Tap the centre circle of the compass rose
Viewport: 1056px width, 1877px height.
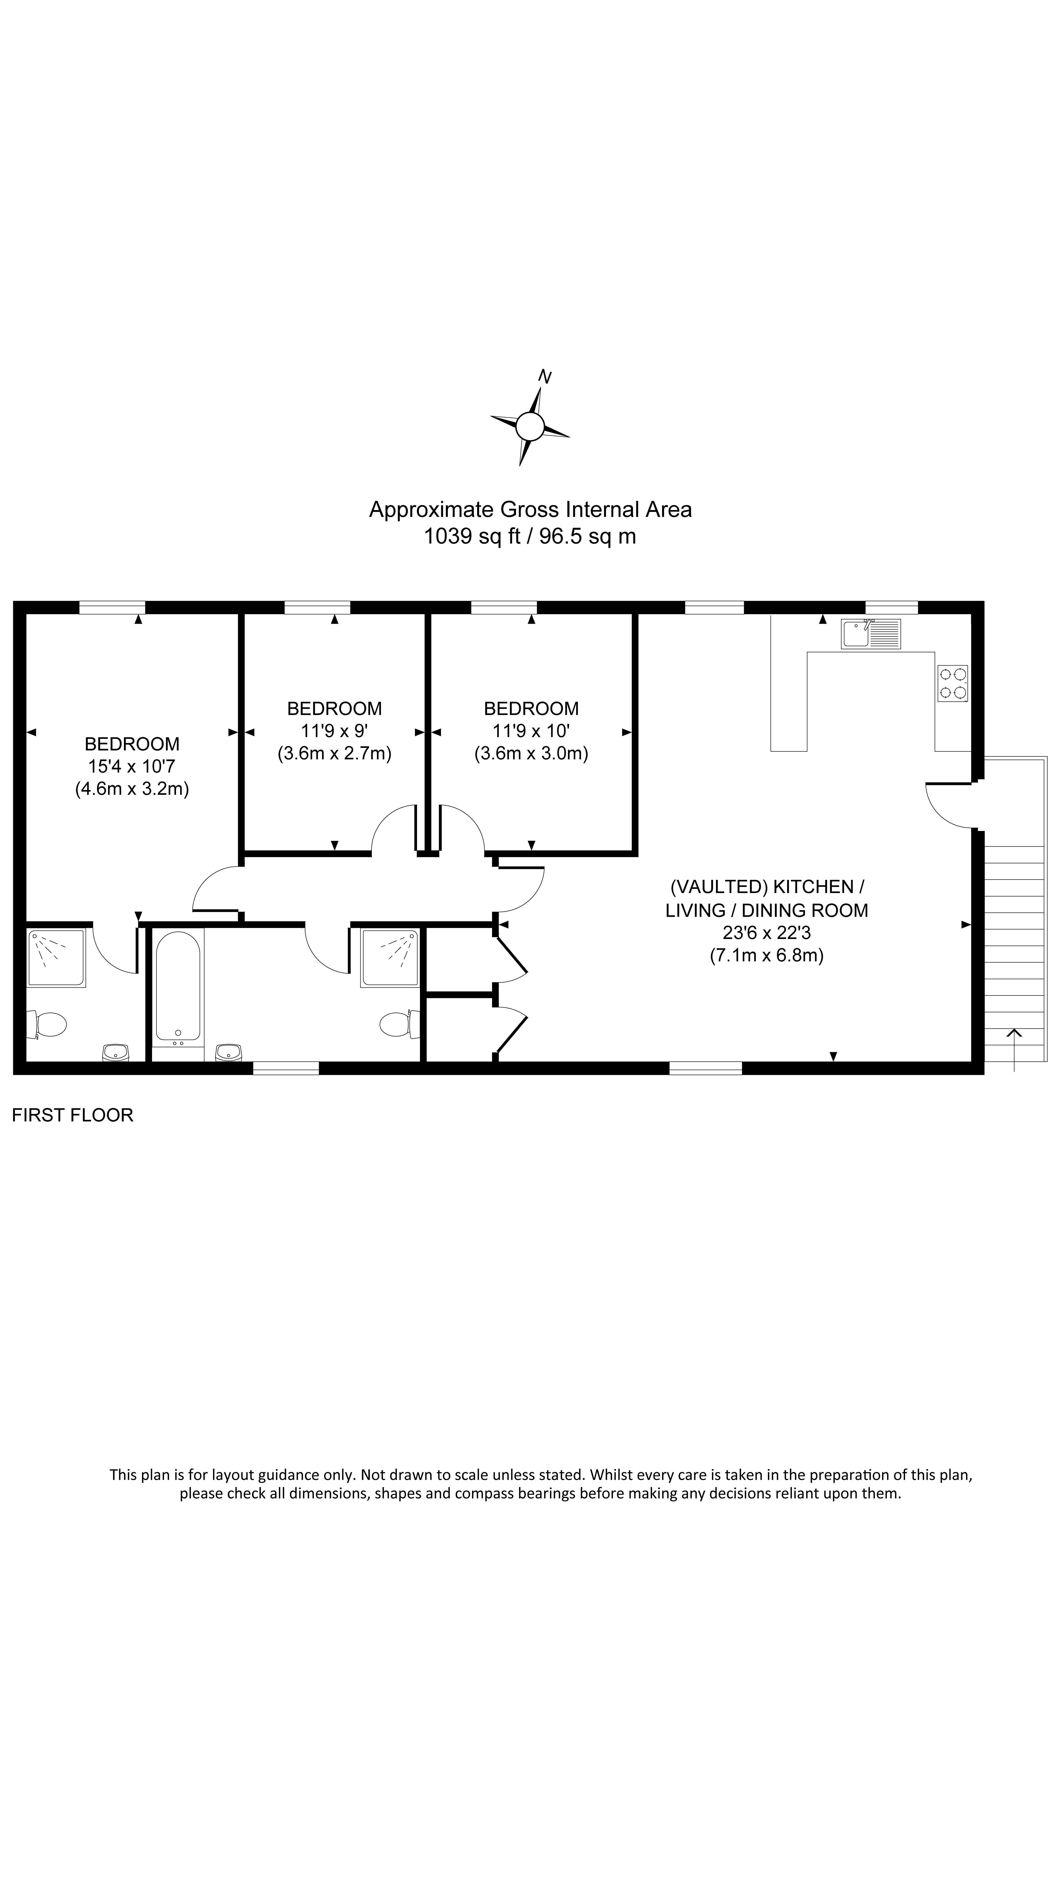[530, 426]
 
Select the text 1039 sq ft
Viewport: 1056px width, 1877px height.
[472, 536]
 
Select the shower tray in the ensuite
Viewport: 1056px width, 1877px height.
[56, 958]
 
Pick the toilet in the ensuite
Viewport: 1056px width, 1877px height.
[48, 1024]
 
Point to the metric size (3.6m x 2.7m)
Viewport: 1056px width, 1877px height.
[334, 753]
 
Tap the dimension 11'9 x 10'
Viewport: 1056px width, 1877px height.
[531, 731]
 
